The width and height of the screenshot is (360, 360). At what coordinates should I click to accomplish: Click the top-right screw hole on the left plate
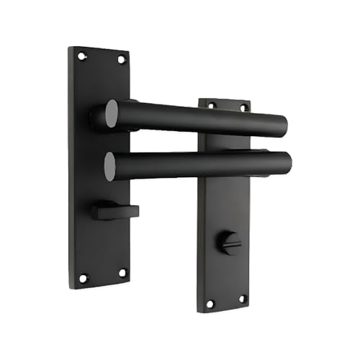point(121,60)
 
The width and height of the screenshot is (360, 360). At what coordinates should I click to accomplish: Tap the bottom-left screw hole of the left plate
point(83,277)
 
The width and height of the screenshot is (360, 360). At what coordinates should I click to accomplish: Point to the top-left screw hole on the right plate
point(211,105)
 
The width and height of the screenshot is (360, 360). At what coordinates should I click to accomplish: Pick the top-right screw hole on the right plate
point(243,107)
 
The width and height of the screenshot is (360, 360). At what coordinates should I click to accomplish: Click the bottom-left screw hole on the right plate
point(210,304)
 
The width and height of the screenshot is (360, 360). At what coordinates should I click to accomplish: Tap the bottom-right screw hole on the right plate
point(242,298)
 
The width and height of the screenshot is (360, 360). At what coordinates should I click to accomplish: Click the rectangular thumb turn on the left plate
point(109,210)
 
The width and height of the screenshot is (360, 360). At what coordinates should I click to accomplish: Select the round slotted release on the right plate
point(230,243)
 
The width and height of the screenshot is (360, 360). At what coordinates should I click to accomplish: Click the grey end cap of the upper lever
point(111,114)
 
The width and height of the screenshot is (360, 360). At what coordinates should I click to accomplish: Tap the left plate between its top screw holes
point(102,58)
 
